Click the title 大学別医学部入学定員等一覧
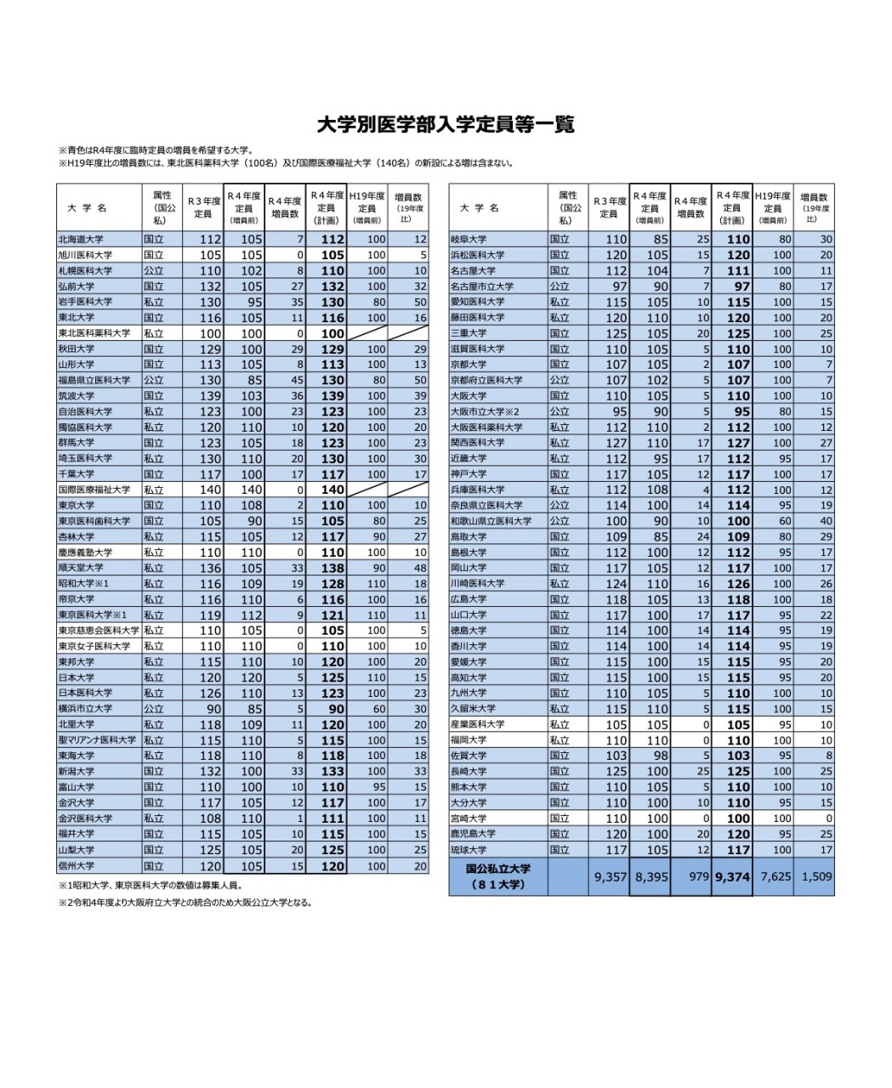pyautogui.click(x=446, y=125)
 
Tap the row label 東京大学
pyautogui.click(x=76, y=505)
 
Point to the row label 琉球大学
pyautogui.click(x=469, y=850)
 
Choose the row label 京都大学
pyautogui.click(x=469, y=365)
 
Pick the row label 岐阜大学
pyautogui.click(x=469, y=240)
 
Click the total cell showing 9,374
pyautogui.click(x=732, y=876)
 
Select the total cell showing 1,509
pyautogui.click(x=815, y=876)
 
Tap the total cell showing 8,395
pyautogui.click(x=651, y=876)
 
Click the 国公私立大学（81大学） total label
pyautogui.click(x=498, y=876)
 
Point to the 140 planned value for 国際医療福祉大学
pyautogui.click(x=332, y=490)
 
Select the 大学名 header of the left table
pyautogui.click(x=87, y=207)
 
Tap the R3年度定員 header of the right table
pyautogui.click(x=609, y=207)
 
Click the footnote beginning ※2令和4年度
pyautogui.click(x=185, y=904)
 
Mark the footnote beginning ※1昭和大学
pyautogui.click(x=151, y=886)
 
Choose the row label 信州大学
pyautogui.click(x=76, y=866)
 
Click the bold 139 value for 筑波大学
pyautogui.click(x=332, y=396)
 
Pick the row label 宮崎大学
pyautogui.click(x=469, y=819)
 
